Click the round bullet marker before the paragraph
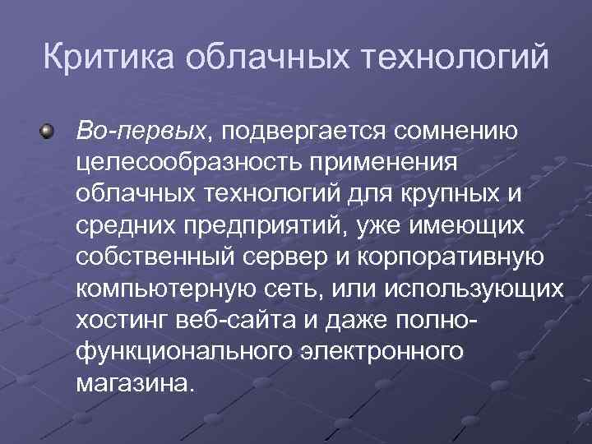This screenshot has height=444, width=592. tap(49, 130)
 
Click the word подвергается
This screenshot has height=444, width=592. tap(303, 130)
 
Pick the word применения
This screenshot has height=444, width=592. tap(388, 162)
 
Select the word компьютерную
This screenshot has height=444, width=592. tap(164, 289)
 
